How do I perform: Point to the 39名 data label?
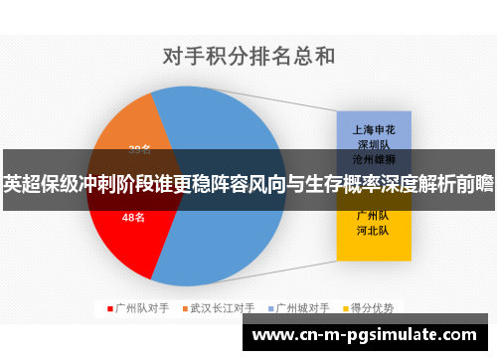point(140,150)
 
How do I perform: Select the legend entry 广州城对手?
point(304,308)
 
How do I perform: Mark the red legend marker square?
point(110,308)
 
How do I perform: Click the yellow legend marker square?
point(347,308)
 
